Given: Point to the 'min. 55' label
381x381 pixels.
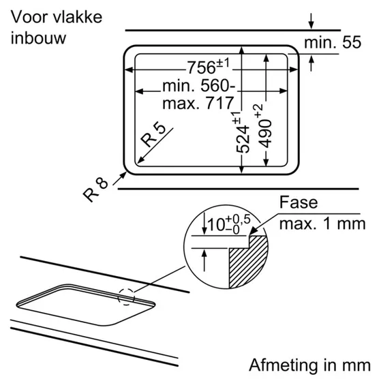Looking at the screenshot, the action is (333, 42).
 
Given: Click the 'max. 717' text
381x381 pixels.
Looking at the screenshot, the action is (198, 103).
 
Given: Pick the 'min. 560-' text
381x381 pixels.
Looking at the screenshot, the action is (199, 85).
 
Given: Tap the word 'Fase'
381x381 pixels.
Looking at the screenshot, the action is (299, 202).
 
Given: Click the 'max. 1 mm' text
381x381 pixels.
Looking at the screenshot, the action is (322, 224).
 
